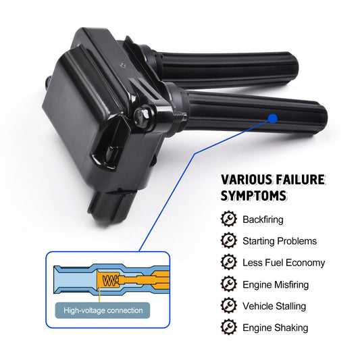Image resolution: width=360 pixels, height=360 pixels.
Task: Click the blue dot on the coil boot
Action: point(273,118)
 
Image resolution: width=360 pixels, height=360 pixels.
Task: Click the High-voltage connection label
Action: point(103,311)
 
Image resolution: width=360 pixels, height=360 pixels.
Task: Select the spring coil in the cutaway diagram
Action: point(110,280)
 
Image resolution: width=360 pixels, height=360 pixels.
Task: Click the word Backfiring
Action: point(263,220)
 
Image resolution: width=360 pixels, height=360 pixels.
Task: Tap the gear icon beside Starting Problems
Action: point(229,240)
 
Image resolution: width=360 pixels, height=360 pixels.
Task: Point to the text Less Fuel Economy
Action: point(284,263)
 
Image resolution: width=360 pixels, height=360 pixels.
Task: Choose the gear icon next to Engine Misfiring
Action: point(229,284)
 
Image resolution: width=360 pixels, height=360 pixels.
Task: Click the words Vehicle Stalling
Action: point(274,306)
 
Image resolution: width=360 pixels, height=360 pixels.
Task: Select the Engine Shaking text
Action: point(276,328)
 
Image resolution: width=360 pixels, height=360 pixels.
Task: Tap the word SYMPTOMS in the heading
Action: point(254,196)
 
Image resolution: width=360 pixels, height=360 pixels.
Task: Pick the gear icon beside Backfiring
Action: point(229,219)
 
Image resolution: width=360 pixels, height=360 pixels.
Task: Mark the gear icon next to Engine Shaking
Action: point(229,327)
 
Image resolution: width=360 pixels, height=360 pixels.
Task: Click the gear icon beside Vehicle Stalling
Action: point(229,305)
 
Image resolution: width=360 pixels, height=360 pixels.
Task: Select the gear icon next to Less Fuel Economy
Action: point(229,262)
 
